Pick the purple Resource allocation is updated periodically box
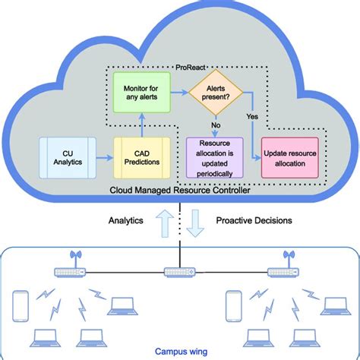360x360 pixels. pos(214,156)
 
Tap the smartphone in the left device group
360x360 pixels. pos(22,304)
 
